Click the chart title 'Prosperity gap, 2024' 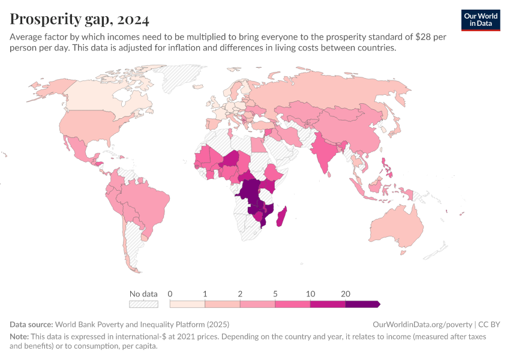[79, 19]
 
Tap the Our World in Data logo [480, 20]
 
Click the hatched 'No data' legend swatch [143, 304]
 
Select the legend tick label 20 [346, 294]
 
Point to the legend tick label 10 [310, 294]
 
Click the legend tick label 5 [275, 294]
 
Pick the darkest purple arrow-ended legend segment [362, 304]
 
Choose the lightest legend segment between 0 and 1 [187, 304]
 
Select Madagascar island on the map [280, 216]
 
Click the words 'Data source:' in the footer [31, 324]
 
